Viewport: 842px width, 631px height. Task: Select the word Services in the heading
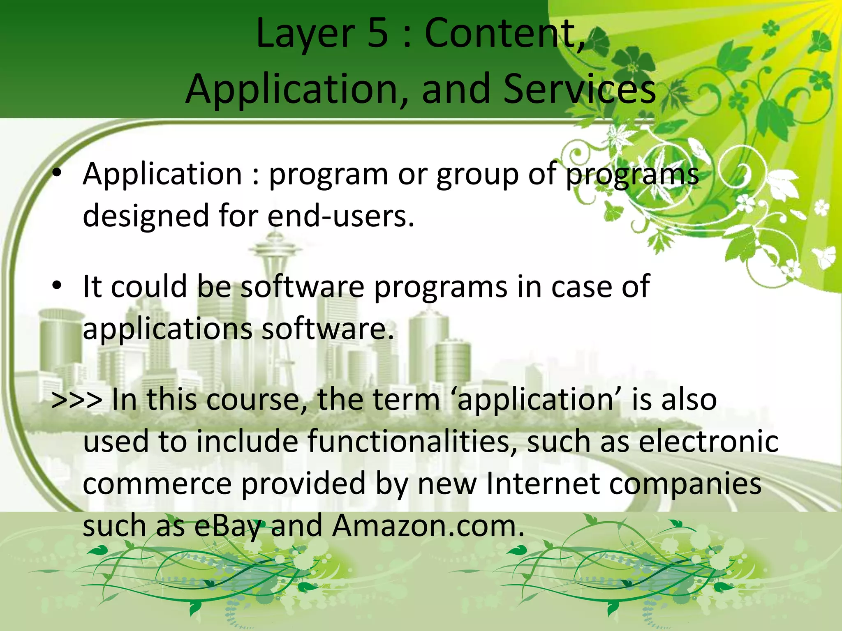point(580,89)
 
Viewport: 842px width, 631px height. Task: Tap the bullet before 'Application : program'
point(57,173)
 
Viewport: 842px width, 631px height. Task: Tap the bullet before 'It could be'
point(57,286)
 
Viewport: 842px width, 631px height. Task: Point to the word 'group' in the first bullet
point(477,175)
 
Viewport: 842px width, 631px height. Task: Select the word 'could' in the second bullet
point(149,286)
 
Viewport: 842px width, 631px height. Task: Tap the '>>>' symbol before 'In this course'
point(77,400)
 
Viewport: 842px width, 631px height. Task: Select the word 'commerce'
point(157,484)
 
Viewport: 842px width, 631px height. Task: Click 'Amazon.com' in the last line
point(428,526)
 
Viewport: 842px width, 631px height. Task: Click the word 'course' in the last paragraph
point(254,400)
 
